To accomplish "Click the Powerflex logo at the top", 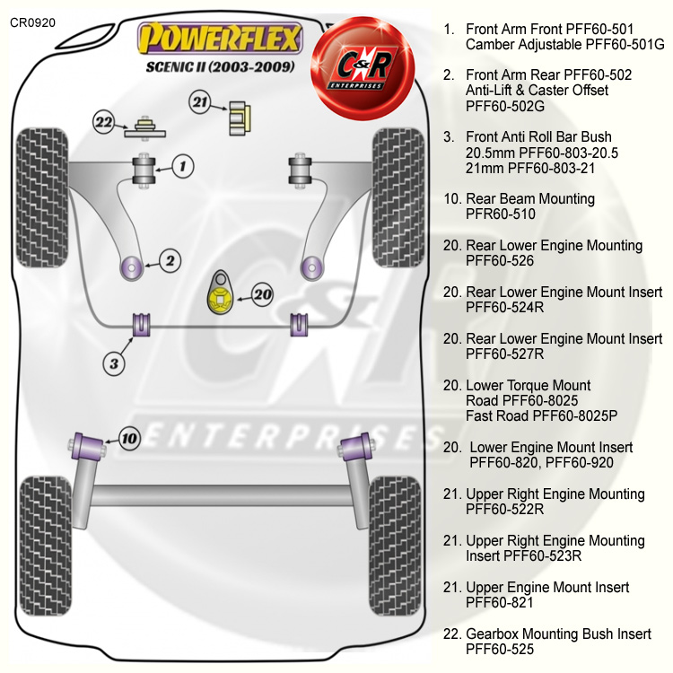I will pyautogui.click(x=220, y=40).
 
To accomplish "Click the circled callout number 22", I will pyautogui.click(x=105, y=122).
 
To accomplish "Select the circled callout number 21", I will pyautogui.click(x=199, y=102).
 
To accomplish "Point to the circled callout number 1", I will pyautogui.click(x=183, y=165).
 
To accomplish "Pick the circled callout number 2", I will pyautogui.click(x=170, y=261).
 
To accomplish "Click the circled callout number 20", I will pyautogui.click(x=261, y=293).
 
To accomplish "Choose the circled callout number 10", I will pyautogui.click(x=129, y=439).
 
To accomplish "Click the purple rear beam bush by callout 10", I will pyautogui.click(x=88, y=444).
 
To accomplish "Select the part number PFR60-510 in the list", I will pyautogui.click(x=501, y=214).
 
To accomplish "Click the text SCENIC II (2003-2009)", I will pyautogui.click(x=220, y=67).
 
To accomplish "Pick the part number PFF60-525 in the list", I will pyautogui.click(x=501, y=649).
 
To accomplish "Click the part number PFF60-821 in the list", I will pyautogui.click(x=501, y=602).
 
